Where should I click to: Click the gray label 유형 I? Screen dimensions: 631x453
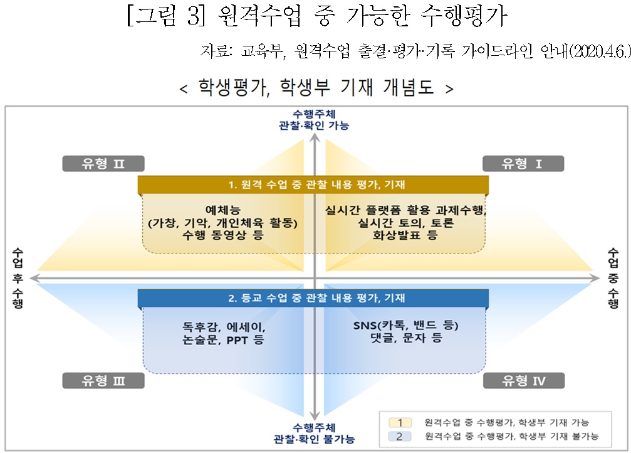point(523,164)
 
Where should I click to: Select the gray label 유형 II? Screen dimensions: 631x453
point(103,164)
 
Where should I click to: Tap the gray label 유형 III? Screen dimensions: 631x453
point(103,380)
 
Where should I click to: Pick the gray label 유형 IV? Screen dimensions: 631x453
point(524,380)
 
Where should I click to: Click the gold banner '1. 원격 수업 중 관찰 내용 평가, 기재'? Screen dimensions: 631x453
point(313,184)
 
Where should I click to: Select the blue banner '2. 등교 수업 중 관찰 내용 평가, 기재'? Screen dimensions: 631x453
point(313,298)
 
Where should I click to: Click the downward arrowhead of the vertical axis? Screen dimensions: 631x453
point(315,417)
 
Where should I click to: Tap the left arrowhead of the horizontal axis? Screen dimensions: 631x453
point(34,278)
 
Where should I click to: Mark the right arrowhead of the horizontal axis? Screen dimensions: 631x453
point(595,278)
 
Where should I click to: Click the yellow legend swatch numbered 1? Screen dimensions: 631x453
point(400,422)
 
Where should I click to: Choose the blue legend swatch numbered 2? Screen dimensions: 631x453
point(400,436)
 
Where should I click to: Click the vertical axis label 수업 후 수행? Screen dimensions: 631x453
point(18,278)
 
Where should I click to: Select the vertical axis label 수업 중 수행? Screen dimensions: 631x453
point(613,278)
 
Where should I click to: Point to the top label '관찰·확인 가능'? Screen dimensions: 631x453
point(314,125)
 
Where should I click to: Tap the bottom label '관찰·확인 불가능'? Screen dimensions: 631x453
point(314,439)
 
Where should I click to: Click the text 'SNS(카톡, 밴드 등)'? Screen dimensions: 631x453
point(405,325)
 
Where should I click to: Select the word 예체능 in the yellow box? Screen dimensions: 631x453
point(223,210)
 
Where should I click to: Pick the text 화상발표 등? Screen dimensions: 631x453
point(405,235)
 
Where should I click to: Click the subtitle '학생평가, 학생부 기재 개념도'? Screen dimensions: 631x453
point(316,87)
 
